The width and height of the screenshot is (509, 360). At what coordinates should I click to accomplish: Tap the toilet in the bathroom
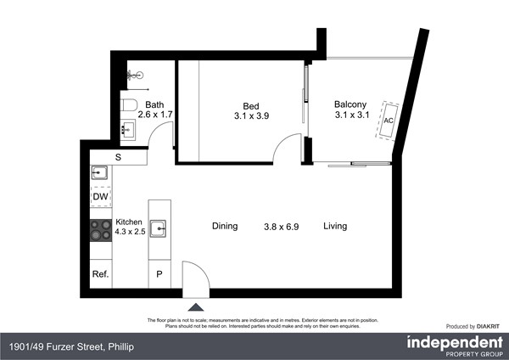tap(129, 105)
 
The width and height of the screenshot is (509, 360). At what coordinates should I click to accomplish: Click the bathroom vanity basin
tap(130, 131)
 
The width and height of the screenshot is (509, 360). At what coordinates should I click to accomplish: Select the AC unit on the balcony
tap(389, 120)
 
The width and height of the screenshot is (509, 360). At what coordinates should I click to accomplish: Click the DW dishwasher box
tap(100, 197)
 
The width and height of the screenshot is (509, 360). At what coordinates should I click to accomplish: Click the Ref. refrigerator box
tap(100, 274)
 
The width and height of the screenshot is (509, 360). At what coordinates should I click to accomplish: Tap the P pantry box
tap(159, 274)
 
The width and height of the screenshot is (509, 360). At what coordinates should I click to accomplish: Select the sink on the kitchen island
tap(159, 228)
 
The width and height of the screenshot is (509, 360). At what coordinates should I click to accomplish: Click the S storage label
tap(118, 157)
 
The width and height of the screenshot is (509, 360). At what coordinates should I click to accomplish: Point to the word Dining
tap(225, 226)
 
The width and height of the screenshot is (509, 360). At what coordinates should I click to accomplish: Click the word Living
tap(334, 226)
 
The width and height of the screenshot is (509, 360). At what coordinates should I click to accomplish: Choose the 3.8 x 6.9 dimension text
tap(280, 226)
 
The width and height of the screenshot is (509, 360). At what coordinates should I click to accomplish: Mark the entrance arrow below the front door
tap(196, 306)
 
